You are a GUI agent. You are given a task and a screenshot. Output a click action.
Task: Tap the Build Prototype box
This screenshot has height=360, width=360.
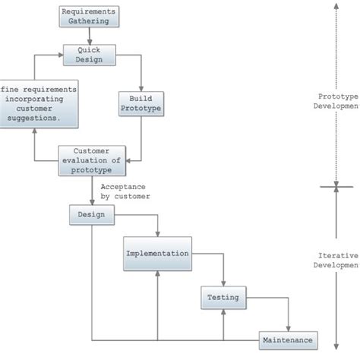(141, 103)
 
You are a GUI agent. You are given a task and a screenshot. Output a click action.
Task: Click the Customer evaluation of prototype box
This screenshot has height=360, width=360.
(91, 161)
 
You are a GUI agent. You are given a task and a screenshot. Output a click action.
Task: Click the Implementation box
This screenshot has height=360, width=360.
(157, 254)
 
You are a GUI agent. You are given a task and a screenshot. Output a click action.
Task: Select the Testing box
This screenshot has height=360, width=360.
(223, 298)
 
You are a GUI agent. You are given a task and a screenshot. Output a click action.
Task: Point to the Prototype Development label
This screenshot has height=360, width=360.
(338, 101)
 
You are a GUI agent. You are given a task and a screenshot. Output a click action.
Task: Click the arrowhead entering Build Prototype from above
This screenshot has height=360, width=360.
(141, 89)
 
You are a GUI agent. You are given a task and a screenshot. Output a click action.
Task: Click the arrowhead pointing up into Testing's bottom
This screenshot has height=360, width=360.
(223, 311)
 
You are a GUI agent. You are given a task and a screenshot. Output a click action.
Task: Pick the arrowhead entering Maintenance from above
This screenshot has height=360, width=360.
(289, 328)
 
